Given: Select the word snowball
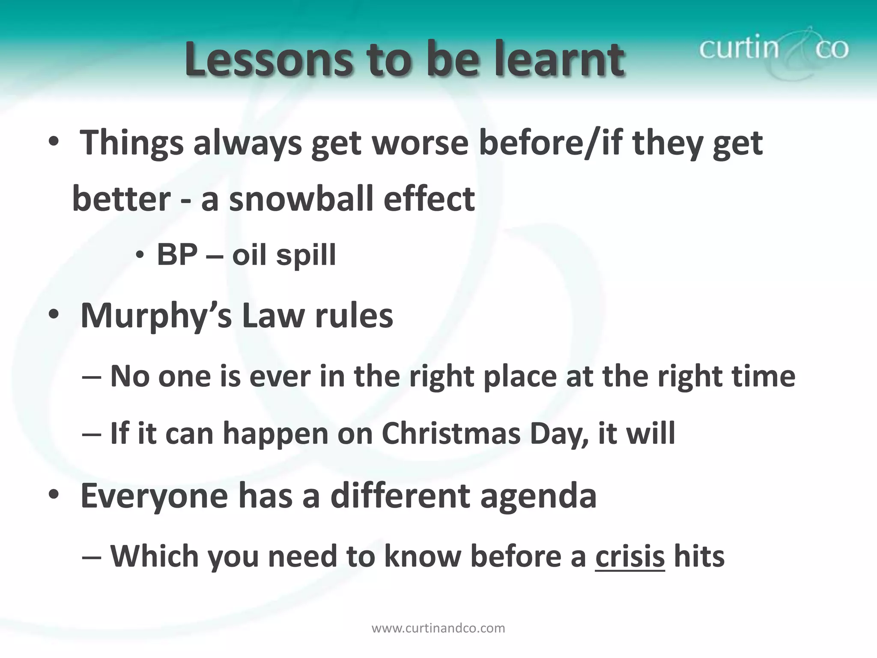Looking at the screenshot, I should click(x=301, y=199).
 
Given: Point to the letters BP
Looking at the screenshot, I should click(x=177, y=255).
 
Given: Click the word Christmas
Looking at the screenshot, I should click(x=450, y=433).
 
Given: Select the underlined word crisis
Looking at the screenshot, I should click(x=629, y=556).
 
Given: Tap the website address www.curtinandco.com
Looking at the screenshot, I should click(x=438, y=628).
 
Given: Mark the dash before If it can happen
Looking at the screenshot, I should click(x=91, y=434).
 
